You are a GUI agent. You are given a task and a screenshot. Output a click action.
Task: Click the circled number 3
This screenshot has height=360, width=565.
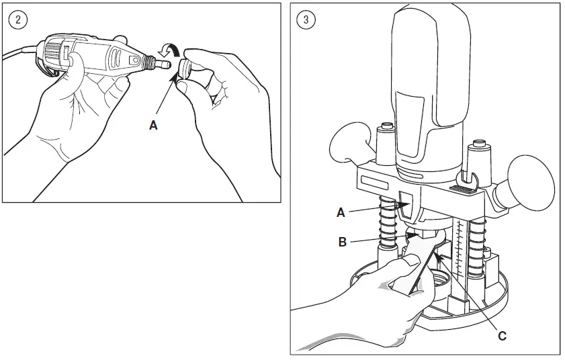pyautogui.click(x=306, y=19)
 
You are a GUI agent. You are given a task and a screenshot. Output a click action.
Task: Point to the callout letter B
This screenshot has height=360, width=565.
pyautogui.click(x=343, y=242)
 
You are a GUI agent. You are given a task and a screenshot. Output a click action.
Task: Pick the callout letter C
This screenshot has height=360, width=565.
pyautogui.click(x=502, y=336)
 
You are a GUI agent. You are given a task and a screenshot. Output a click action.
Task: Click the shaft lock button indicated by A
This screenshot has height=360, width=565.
pyautogui.click(x=406, y=204)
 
